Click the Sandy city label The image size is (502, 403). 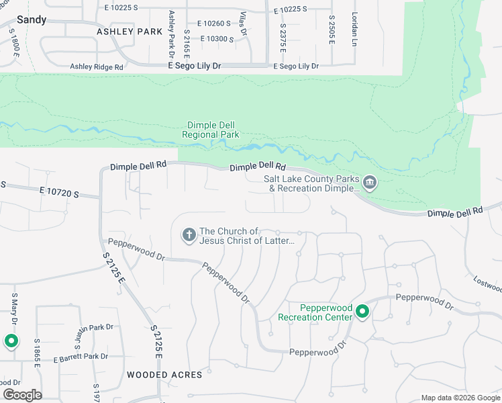[x=32, y=19]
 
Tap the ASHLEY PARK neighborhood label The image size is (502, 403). [x=130, y=32]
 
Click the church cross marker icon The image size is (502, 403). [x=189, y=234]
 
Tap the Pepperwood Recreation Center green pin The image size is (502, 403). [x=362, y=312]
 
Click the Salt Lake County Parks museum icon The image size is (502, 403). [x=369, y=183]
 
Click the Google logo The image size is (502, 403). [x=22, y=395]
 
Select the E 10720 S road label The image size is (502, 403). [x=59, y=193]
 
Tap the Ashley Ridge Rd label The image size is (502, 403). [x=97, y=66]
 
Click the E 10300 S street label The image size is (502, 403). [x=211, y=39]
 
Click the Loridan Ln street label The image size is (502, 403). [x=354, y=28]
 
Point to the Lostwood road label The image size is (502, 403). [x=487, y=283]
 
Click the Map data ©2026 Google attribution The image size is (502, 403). [x=460, y=398]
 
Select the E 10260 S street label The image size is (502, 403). [x=211, y=24]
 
